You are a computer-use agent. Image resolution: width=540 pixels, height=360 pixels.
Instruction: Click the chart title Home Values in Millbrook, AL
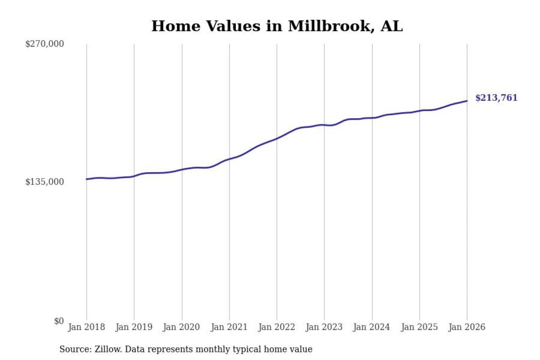pyautogui.click(x=277, y=26)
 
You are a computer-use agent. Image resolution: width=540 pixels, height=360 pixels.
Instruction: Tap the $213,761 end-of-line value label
pyautogui.click(x=496, y=98)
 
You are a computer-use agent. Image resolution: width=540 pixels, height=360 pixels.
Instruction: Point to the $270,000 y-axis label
pyautogui.click(x=45, y=44)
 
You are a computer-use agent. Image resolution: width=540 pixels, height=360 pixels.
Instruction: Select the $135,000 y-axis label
pyautogui.click(x=45, y=182)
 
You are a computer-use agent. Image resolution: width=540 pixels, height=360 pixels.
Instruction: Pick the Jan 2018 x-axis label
pyautogui.click(x=86, y=328)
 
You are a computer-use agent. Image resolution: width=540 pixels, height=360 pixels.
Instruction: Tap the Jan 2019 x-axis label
pyautogui.click(x=134, y=328)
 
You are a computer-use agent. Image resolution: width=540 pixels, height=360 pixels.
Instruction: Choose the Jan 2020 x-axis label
pyautogui.click(x=182, y=328)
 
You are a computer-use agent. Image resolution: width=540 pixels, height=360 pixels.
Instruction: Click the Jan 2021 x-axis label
pyautogui.click(x=229, y=328)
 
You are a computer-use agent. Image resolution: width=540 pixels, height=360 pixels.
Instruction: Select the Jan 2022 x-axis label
pyautogui.click(x=277, y=328)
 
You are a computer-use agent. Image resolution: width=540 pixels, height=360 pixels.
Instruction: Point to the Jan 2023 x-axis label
pyautogui.click(x=324, y=328)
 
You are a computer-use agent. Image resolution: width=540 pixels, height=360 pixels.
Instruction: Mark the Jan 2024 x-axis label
pyautogui.click(x=372, y=328)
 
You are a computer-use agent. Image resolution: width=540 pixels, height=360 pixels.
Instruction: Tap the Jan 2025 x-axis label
pyautogui.click(x=420, y=328)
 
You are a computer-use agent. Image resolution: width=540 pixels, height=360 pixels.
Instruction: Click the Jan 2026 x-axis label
pyautogui.click(x=467, y=328)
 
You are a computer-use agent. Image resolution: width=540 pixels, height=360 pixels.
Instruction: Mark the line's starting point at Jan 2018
pyautogui.click(x=87, y=179)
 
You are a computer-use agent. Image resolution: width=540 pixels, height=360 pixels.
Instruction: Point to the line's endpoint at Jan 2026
pyautogui.click(x=467, y=101)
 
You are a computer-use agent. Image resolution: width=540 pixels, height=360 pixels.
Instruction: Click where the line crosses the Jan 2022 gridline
pyautogui.click(x=277, y=138)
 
